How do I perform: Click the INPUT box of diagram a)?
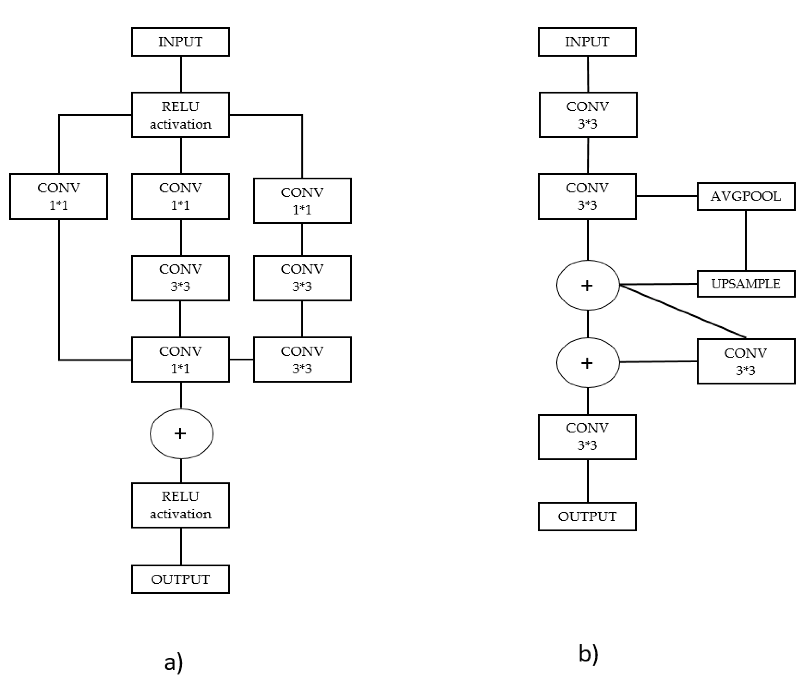(180, 42)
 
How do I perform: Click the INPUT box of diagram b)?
(587, 42)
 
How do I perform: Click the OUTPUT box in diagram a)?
(180, 579)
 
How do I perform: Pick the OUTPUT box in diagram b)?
(587, 516)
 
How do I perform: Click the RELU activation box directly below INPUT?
(180, 115)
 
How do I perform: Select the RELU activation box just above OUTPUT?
(180, 505)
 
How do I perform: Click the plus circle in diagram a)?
(181, 434)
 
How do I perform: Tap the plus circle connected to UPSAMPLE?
(588, 285)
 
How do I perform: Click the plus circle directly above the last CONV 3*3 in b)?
(588, 363)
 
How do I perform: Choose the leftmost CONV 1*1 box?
(59, 197)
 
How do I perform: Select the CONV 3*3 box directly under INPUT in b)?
(588, 115)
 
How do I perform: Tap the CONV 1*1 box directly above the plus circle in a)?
(180, 359)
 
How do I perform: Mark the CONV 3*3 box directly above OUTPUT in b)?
(587, 437)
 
